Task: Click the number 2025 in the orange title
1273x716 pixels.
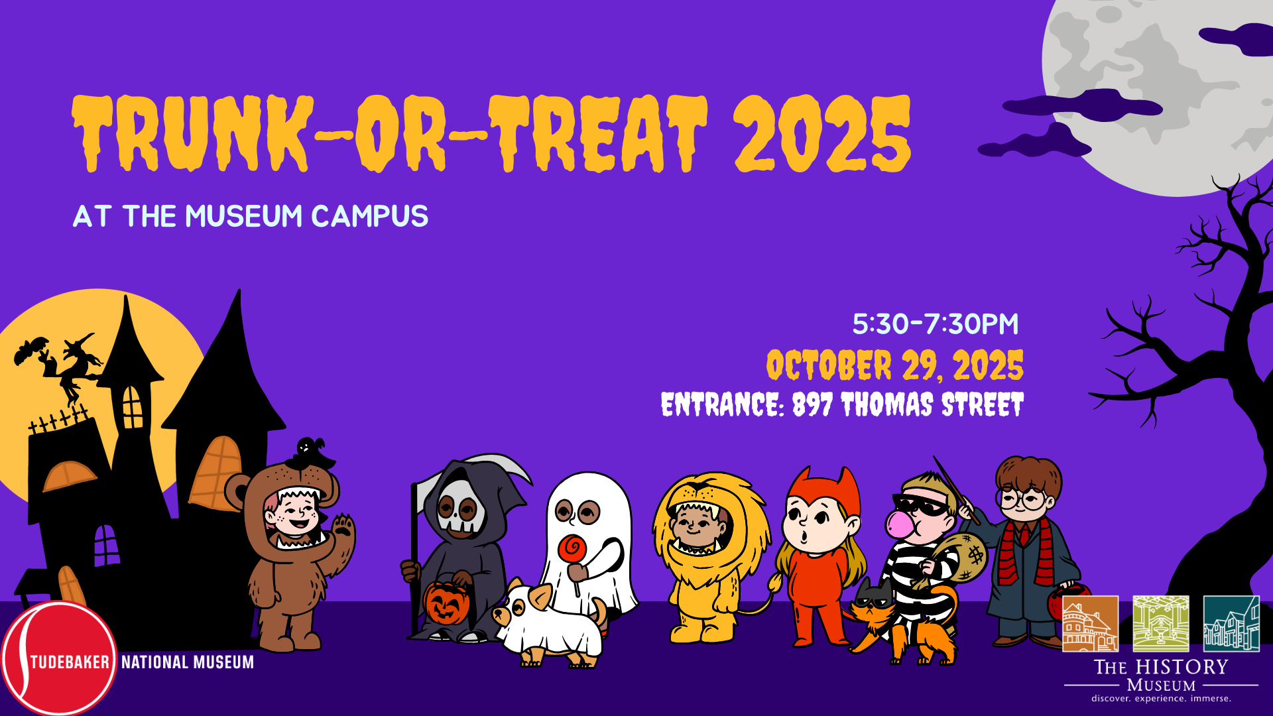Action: point(822,133)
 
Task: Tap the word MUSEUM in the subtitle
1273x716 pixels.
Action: point(244,216)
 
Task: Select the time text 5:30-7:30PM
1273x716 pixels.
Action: point(935,324)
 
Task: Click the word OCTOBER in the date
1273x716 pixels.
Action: point(829,365)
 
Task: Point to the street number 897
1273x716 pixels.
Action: point(812,404)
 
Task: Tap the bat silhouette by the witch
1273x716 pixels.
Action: point(31,350)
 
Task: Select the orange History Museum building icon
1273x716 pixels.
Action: point(1090,623)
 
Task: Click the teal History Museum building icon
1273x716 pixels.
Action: point(1231,623)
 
